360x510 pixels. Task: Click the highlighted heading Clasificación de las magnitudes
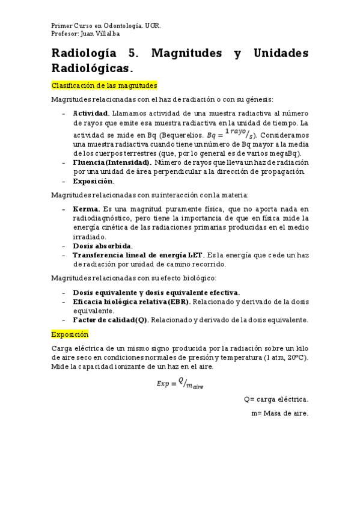point(104,85)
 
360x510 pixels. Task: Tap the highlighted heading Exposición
point(70,334)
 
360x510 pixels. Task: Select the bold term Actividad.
point(91,113)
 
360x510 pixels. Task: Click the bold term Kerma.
point(85,209)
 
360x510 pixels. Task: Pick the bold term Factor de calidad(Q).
point(111,319)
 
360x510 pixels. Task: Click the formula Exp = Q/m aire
point(180,383)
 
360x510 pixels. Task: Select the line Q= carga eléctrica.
point(276,399)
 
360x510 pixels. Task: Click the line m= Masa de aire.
point(280,413)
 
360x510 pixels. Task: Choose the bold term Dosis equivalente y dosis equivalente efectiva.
point(156,292)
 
